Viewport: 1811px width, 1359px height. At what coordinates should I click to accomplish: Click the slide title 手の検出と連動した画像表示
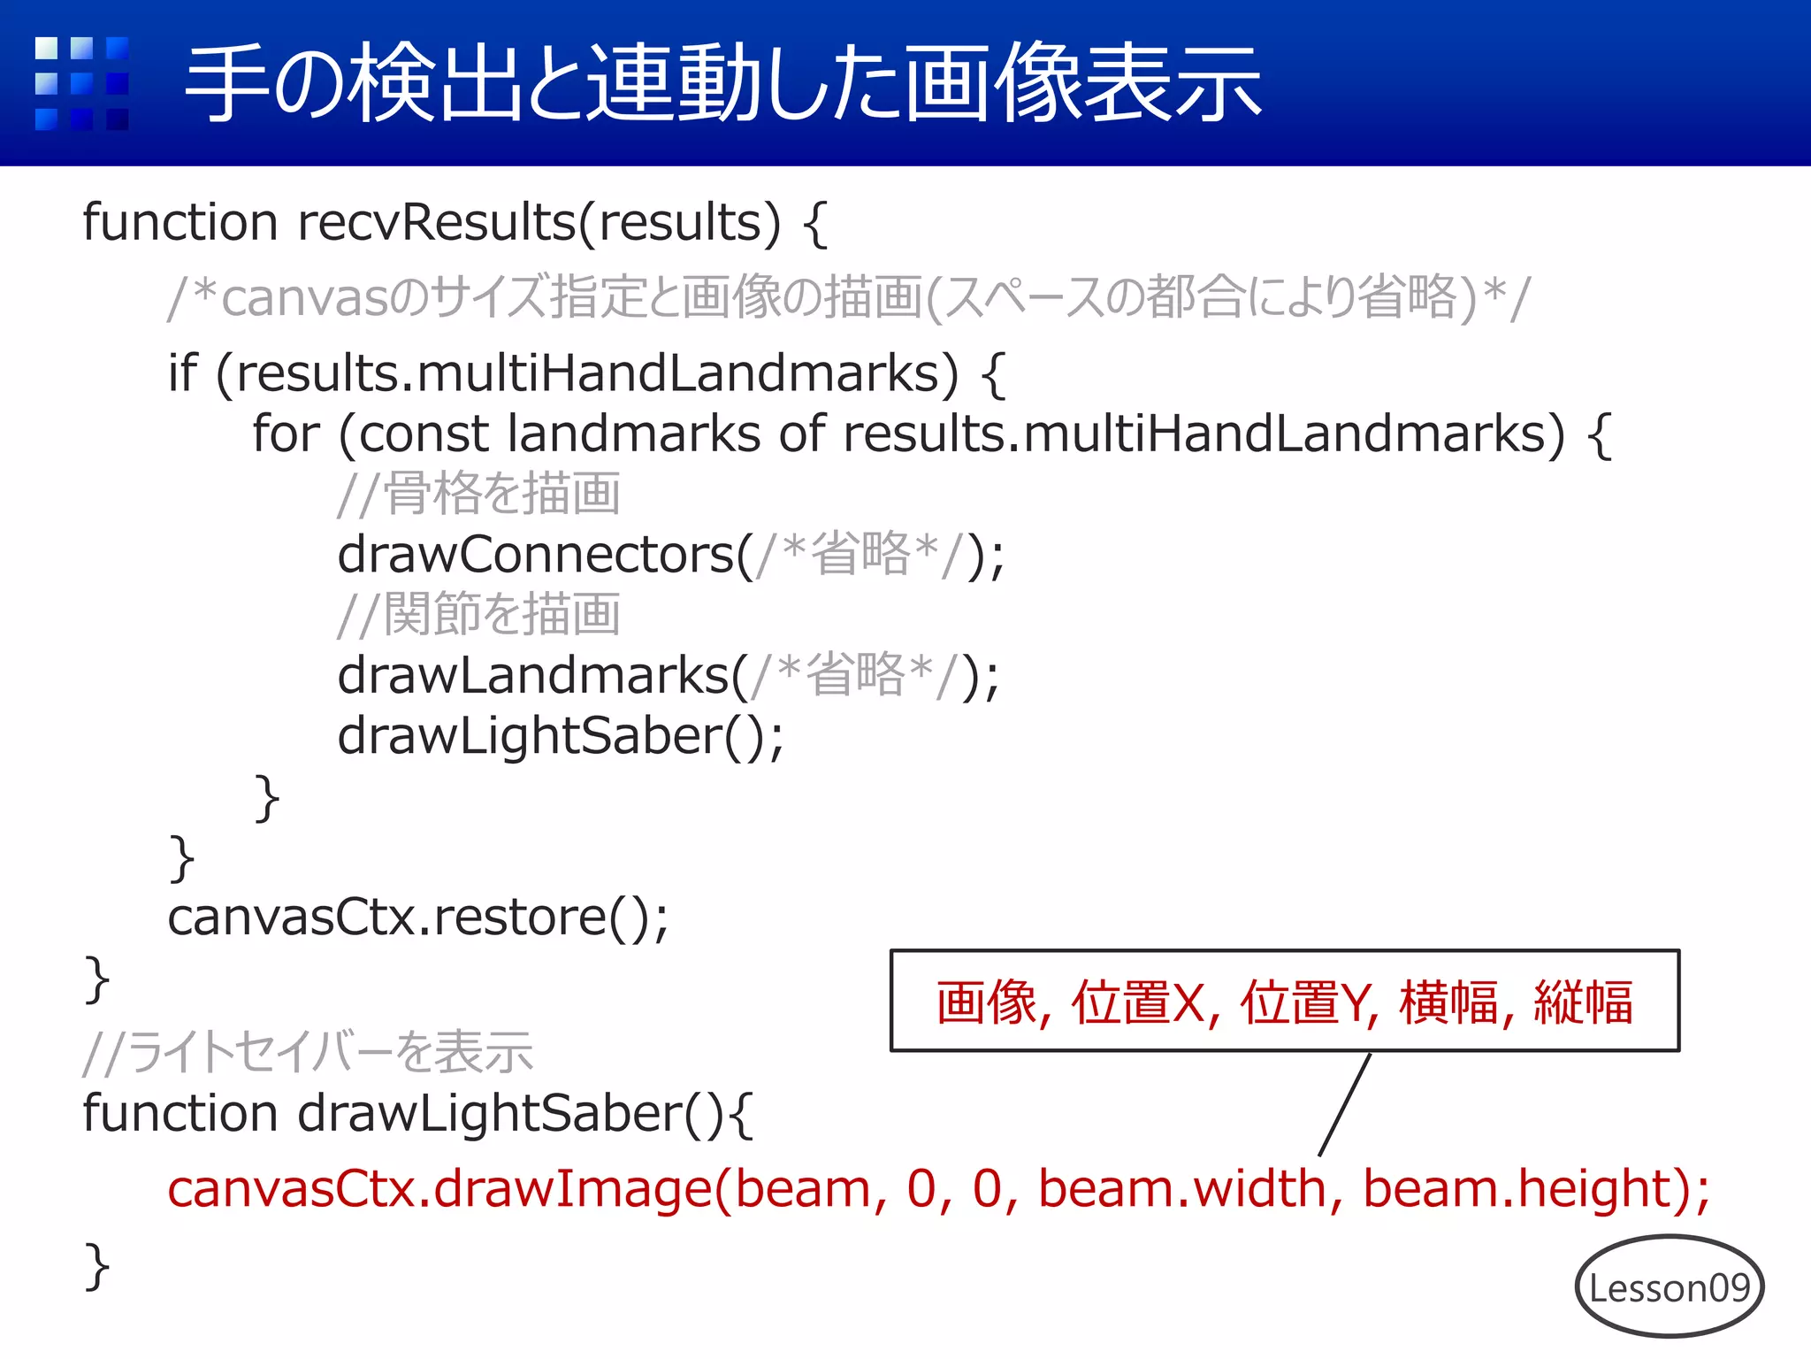(x=723, y=84)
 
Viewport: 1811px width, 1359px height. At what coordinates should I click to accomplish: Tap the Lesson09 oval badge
(x=1669, y=1287)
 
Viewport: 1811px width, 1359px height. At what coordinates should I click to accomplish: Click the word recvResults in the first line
(x=437, y=222)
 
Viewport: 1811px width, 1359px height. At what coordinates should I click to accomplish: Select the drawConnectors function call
(x=536, y=556)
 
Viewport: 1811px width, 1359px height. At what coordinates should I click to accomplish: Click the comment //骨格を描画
(x=478, y=494)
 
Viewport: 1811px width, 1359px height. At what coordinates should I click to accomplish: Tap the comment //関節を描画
(x=478, y=615)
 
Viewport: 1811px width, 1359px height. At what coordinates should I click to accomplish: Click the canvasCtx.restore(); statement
(x=417, y=918)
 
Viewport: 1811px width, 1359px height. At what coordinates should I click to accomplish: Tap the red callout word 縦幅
(x=1583, y=1003)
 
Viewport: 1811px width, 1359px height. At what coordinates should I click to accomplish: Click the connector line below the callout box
(x=1344, y=1104)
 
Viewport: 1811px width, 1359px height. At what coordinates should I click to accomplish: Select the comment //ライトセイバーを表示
(x=308, y=1053)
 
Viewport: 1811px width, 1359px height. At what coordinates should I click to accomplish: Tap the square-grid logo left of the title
(x=81, y=83)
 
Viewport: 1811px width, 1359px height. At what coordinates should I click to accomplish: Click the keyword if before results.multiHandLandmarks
(x=182, y=373)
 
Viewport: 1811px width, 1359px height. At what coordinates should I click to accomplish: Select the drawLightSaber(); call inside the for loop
(x=560, y=737)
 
